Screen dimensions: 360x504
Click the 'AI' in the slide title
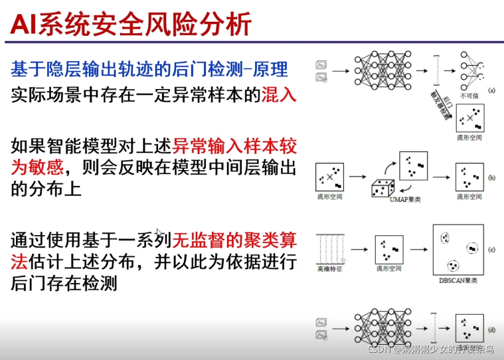[x=23, y=25]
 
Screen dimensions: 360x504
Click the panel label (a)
[x=493, y=89]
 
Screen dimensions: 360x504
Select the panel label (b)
[x=493, y=178]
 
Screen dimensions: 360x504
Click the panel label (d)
[x=493, y=329]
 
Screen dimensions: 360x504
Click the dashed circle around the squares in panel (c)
[x=472, y=248]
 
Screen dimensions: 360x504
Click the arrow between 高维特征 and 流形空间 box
[x=359, y=250]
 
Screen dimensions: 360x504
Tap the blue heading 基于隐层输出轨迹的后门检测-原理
[x=149, y=68]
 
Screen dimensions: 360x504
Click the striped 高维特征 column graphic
[x=330, y=249]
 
